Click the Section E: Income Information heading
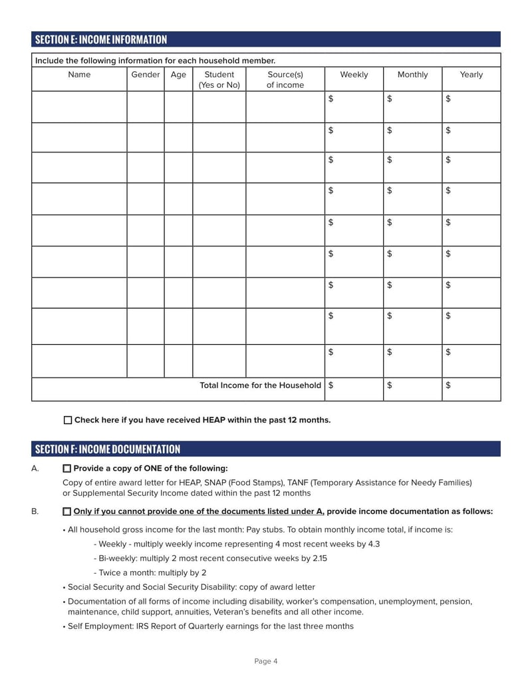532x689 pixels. [101, 39]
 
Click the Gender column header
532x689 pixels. [146, 75]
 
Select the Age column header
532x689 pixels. [178, 75]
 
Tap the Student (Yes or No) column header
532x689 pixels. [219, 80]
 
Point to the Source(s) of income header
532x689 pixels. [285, 80]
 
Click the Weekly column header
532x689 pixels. [354, 75]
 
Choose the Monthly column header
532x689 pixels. [412, 75]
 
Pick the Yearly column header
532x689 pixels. [471, 75]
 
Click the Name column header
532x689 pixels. [79, 75]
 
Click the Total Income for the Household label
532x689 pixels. [260, 385]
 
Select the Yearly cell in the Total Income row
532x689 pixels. [471, 389]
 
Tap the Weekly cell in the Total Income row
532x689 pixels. [354, 389]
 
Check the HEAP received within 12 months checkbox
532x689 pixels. [68, 421]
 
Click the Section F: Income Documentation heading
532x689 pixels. [108, 449]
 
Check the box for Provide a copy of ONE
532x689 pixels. [66, 469]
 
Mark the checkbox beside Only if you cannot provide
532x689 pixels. [66, 512]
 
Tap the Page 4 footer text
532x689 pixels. [266, 661]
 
